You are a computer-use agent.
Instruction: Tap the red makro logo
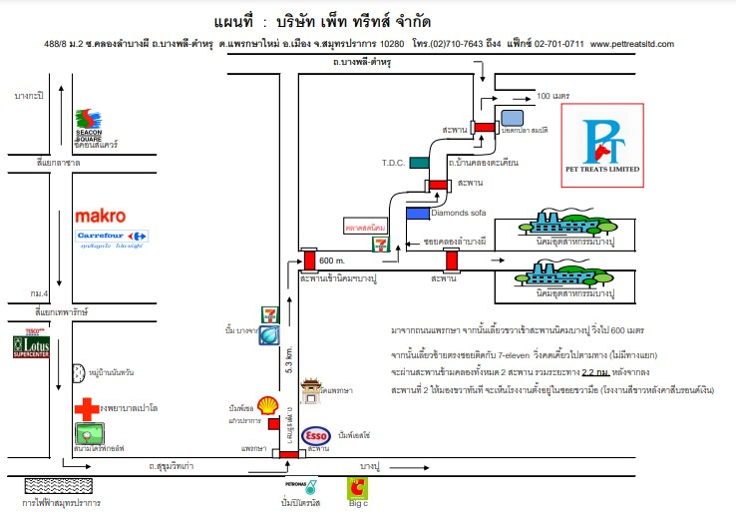[x=100, y=215]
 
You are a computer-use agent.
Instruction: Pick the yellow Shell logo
[x=266, y=404]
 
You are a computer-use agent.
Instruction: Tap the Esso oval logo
[x=315, y=435]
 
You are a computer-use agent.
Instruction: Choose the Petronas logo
[x=308, y=488]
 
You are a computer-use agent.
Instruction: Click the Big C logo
[x=355, y=488]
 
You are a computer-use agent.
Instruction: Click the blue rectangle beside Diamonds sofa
[x=417, y=213]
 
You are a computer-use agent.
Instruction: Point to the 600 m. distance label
[x=332, y=260]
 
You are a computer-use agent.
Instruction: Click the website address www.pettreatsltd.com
[x=632, y=44]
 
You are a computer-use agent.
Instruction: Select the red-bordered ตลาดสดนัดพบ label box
[x=364, y=226]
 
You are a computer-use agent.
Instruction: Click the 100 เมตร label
[x=552, y=96]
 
